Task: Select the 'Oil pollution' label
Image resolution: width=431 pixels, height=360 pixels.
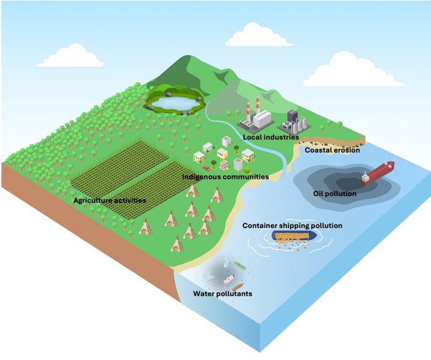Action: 335,193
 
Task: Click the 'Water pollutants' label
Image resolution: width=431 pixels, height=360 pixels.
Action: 222,294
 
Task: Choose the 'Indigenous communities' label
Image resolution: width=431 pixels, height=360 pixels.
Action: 225,177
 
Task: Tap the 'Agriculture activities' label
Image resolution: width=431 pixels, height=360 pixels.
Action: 110,200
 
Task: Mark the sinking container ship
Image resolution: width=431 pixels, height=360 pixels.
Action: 294,236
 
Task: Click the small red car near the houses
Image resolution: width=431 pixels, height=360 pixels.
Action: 206,169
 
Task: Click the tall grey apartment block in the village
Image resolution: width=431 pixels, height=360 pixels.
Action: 238,164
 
